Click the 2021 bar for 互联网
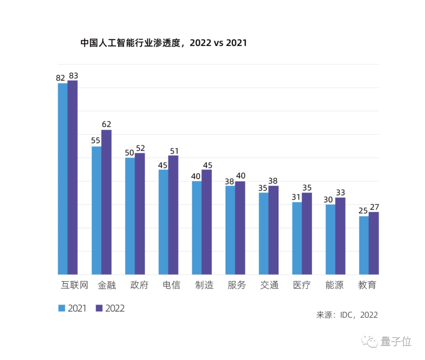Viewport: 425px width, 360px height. point(63,179)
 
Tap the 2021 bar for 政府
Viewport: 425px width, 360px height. point(130,216)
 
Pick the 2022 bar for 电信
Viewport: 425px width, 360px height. point(173,215)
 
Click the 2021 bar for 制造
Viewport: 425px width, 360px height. point(197,228)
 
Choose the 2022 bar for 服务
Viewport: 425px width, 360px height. point(240,228)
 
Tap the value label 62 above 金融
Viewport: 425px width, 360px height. point(106,124)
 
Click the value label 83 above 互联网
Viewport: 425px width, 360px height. point(73,75)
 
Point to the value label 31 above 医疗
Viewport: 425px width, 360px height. point(296,197)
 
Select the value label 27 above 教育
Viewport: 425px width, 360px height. point(374,207)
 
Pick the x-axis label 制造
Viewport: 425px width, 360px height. point(204,285)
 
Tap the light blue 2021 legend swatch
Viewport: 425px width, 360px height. point(62,308)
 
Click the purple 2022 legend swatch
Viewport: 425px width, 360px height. point(99,308)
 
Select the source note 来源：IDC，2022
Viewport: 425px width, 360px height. point(347,315)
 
